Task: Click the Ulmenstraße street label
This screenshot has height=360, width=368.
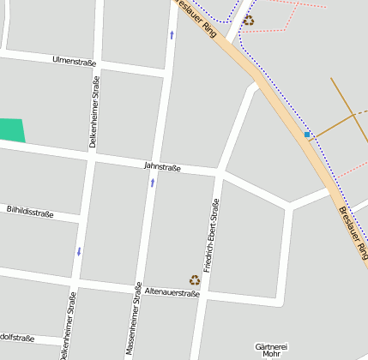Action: tap(74, 61)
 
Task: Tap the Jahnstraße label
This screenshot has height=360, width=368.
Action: tap(162, 167)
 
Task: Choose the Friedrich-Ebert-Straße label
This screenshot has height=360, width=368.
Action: tap(211, 235)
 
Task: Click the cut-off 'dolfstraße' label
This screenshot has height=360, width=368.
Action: tap(17, 337)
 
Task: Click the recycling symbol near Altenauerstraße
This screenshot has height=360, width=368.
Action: tap(195, 279)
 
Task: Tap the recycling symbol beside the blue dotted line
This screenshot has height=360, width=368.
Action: tap(248, 20)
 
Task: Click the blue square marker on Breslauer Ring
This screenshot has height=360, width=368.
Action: tap(307, 135)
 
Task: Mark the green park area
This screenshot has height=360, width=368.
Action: tap(11, 130)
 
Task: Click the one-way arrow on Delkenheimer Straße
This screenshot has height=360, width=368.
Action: tap(79, 251)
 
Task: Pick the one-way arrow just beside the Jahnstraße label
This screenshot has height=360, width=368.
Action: tap(153, 183)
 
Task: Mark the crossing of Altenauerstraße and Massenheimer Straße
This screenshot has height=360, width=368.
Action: tap(141, 289)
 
